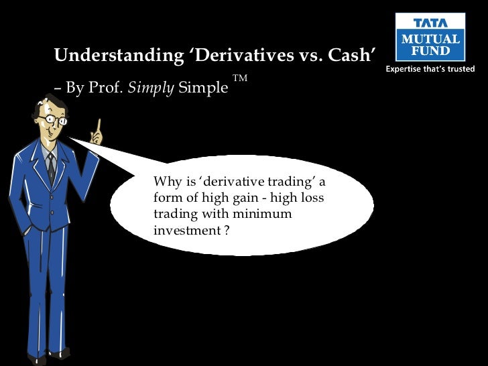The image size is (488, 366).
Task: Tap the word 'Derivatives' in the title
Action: pyautogui.click(x=229, y=55)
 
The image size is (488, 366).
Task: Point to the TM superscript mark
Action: pyautogui.click(x=240, y=79)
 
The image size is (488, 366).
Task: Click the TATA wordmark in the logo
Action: pyautogui.click(x=430, y=23)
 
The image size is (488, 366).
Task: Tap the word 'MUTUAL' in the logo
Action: pyautogui.click(x=430, y=40)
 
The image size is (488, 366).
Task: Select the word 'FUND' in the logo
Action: pyautogui.click(x=430, y=51)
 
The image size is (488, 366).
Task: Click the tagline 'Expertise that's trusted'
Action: pyautogui.click(x=430, y=69)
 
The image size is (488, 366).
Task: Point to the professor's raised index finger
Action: pyautogui.click(x=99, y=125)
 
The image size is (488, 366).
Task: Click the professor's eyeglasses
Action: pyautogui.click(x=54, y=121)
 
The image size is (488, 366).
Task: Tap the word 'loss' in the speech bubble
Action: pyautogui.click(x=313, y=198)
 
